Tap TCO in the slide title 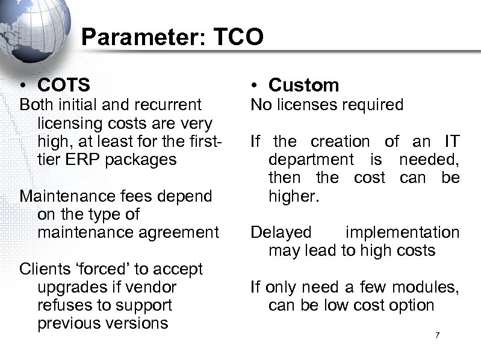[x=239, y=37]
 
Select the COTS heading [x=63, y=85]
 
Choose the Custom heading [x=303, y=85]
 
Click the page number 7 [x=438, y=334]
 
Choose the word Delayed [x=281, y=232]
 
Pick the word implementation [x=402, y=232]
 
